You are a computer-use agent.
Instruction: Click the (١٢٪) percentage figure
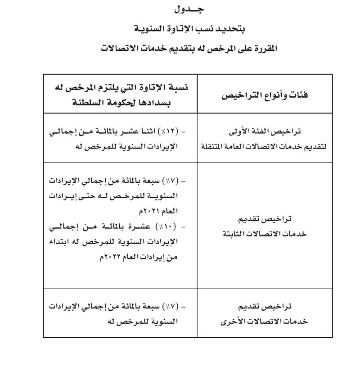click(x=170, y=131)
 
